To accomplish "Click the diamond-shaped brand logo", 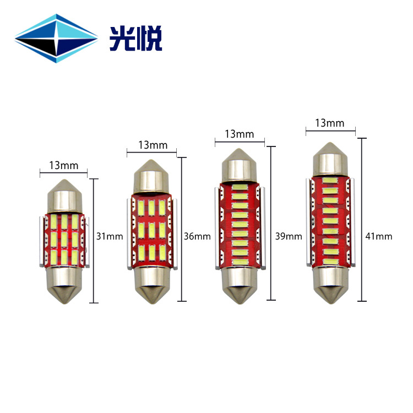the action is [56, 39].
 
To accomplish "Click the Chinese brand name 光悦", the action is [135, 39].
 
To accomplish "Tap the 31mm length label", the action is [110, 236].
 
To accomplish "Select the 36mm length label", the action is [197, 236].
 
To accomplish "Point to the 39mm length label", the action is [289, 236].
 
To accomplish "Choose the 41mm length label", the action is [379, 236].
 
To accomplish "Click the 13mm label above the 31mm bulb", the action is [64, 165].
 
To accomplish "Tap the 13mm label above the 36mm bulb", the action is [153, 145].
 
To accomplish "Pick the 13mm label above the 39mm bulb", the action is [240, 134].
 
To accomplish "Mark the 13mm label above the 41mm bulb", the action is [330, 123].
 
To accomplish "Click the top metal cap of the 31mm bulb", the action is [65, 196].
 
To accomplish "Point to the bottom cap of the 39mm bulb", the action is [240, 286].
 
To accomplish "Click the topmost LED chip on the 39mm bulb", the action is [240, 187].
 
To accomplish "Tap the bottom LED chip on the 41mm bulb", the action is [330, 262].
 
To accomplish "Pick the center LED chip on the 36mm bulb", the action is [151, 230].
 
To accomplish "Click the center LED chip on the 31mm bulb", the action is [64, 239].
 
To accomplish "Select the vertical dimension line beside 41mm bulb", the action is [362, 219].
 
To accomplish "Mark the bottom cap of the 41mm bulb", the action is [330, 285].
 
